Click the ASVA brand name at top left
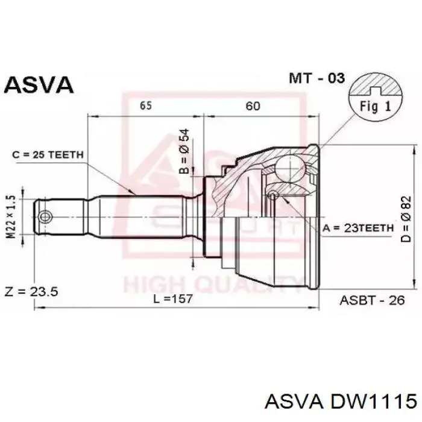coord(39,84)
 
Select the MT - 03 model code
coord(316,78)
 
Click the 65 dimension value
coord(146,105)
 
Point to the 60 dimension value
coord(253,106)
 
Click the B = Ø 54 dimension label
coord(184,151)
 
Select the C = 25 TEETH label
coord(48,155)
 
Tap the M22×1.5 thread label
coord(11,217)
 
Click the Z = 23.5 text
coord(31,292)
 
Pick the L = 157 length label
coord(173,298)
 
